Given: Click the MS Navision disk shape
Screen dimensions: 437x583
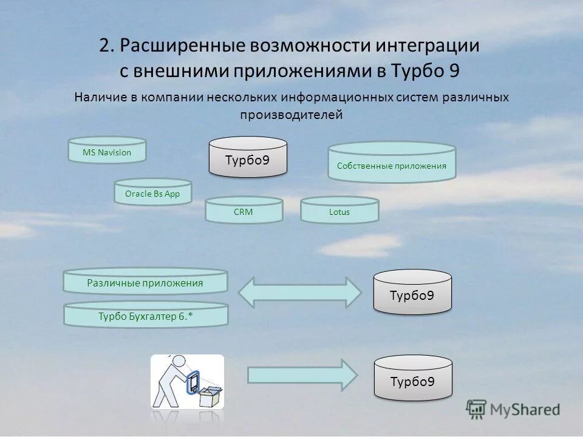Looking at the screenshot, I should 107,152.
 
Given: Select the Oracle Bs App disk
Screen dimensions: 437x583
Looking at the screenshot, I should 153,194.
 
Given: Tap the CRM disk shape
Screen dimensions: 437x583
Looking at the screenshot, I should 244,211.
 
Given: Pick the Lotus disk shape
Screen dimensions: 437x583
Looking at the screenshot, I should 339,211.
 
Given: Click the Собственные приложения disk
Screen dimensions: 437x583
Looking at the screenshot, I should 392,164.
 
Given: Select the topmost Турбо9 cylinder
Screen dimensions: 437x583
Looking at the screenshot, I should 248,159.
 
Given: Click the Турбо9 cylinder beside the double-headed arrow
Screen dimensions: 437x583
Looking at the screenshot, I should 412,294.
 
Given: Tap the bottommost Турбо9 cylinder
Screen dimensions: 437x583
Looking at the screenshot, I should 412,379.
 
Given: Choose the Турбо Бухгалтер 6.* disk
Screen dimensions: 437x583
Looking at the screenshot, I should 146,316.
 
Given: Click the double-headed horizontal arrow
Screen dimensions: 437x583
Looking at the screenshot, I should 300,292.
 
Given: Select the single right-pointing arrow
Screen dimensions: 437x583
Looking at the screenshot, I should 302,374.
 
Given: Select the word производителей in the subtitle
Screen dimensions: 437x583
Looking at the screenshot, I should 291,114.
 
